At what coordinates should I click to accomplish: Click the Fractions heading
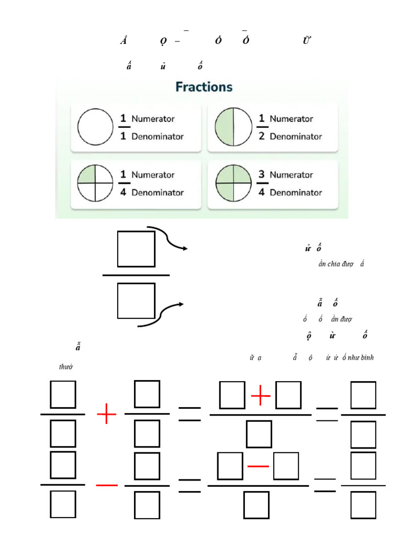204,87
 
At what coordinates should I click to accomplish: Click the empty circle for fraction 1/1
95,128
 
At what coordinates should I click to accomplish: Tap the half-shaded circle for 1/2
232,128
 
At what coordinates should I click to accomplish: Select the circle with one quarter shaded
95,184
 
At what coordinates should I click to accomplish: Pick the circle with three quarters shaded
232,184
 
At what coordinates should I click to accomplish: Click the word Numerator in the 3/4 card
291,175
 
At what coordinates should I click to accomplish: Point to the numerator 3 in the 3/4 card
262,174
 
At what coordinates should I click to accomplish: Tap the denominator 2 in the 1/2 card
262,137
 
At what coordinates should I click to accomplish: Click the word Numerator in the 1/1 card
153,119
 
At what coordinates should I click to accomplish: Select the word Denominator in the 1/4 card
158,193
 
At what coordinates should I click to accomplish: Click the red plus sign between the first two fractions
107,417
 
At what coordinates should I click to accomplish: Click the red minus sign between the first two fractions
107,486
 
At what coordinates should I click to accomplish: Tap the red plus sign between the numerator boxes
261,397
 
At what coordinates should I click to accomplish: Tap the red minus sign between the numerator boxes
259,466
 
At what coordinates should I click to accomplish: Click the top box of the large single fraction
136,249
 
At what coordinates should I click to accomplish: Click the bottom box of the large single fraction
136,300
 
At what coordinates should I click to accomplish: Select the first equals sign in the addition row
189,414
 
